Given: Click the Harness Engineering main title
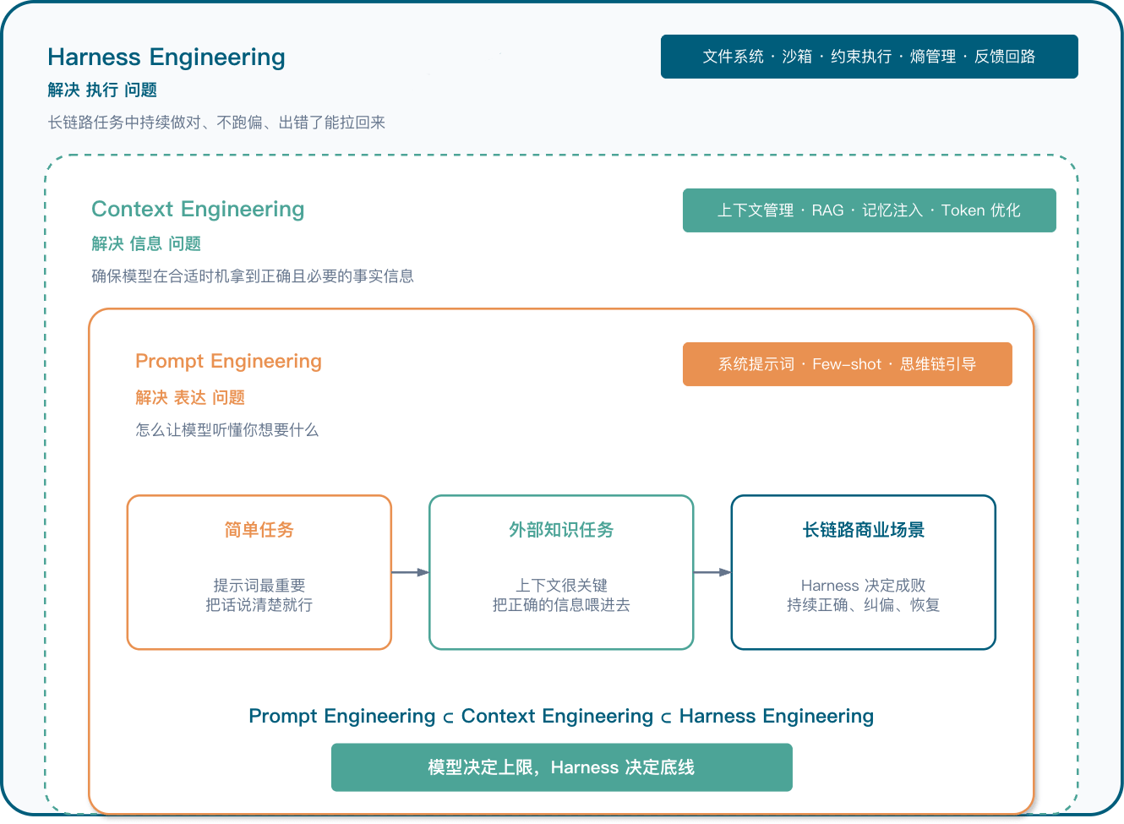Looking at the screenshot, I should click(x=166, y=57).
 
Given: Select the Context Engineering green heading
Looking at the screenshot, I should click(x=198, y=209).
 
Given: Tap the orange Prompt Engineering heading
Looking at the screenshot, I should click(x=228, y=361).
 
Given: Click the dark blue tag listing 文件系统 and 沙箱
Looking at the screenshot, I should click(x=869, y=57).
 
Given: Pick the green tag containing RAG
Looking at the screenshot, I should click(x=869, y=210).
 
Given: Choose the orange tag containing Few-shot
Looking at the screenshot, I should click(x=847, y=364).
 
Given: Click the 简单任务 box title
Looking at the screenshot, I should click(x=259, y=530).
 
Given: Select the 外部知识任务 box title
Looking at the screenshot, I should click(x=561, y=530).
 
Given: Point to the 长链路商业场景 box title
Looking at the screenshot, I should click(x=863, y=530).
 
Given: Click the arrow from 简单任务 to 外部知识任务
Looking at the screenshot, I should click(x=411, y=572).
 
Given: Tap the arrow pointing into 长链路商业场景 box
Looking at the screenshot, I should click(x=712, y=572).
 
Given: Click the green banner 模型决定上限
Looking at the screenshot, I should click(x=561, y=767).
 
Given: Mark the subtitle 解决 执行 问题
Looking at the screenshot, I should click(x=102, y=90).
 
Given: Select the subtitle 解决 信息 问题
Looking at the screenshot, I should click(x=146, y=244).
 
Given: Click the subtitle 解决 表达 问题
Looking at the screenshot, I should click(x=190, y=398).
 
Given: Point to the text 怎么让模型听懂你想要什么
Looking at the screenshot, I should click(x=226, y=430).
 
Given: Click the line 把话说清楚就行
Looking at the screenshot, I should click(x=259, y=605).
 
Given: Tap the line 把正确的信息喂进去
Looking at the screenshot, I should click(x=561, y=605).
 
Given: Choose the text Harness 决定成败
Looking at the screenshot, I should click(x=863, y=586).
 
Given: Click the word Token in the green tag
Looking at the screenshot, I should click(x=962, y=210).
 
